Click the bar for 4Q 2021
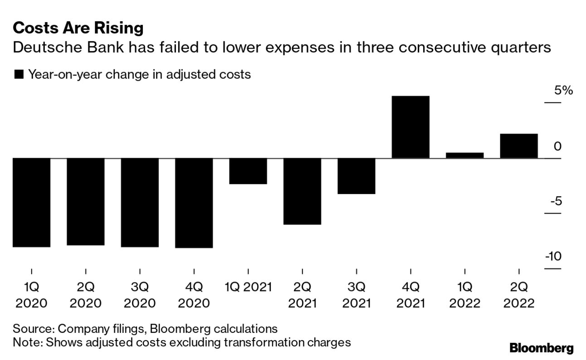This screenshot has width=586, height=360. pyautogui.click(x=410, y=127)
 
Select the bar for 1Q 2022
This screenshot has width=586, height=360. pyautogui.click(x=464, y=156)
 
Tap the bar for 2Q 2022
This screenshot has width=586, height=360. pyautogui.click(x=518, y=146)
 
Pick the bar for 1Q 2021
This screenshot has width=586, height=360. pyautogui.click(x=248, y=171)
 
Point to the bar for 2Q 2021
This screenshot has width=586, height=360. pyautogui.click(x=302, y=191)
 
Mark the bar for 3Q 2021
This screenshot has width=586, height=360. pyautogui.click(x=356, y=176)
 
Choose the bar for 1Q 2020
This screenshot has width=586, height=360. pyautogui.click(x=31, y=202)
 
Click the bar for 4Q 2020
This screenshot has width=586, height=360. pyautogui.click(x=194, y=203)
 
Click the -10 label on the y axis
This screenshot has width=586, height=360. pyautogui.click(x=553, y=257)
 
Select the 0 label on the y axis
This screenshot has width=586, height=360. pyautogui.click(x=557, y=146)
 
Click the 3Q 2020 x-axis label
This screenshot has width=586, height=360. pyautogui.click(x=140, y=295)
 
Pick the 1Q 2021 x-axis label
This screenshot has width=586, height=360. pyautogui.click(x=248, y=287)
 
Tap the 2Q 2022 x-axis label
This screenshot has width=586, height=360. pyautogui.click(x=518, y=295)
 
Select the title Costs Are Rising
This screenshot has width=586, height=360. pyautogui.click(x=78, y=28)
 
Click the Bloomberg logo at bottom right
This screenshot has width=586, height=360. pyautogui.click(x=541, y=348)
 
